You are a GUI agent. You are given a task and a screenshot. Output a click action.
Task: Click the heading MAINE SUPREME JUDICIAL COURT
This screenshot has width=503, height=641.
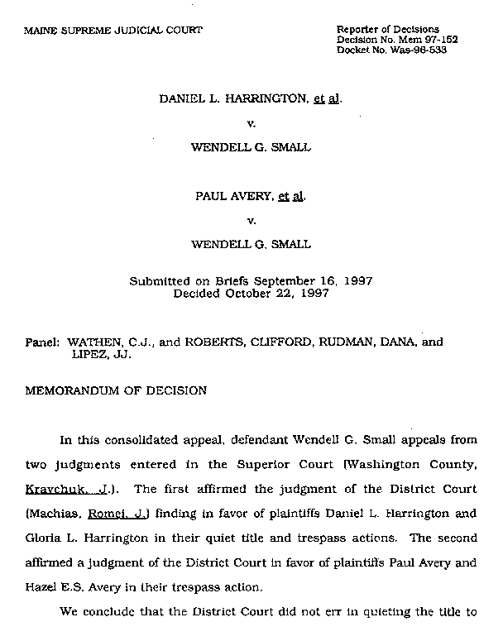(113, 30)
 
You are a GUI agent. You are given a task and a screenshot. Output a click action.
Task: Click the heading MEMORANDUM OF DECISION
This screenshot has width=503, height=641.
(116, 390)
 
